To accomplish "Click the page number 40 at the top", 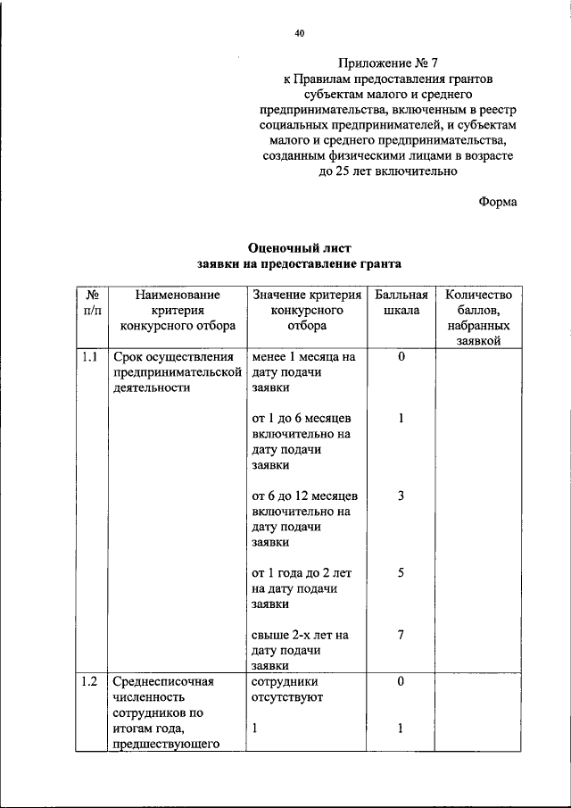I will click(300, 34).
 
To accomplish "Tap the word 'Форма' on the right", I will click(498, 202).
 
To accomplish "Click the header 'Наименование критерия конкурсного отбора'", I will click(174, 310).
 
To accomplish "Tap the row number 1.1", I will click(89, 357).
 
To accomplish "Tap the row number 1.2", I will click(89, 682).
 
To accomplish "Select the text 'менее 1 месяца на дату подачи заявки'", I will click(303, 373).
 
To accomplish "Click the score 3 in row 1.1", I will click(401, 496).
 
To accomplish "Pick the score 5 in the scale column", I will click(401, 573).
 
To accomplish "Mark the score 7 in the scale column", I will click(401, 635).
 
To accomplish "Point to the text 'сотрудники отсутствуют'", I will click(287, 689).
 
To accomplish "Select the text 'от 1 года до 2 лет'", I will click(304, 573).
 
